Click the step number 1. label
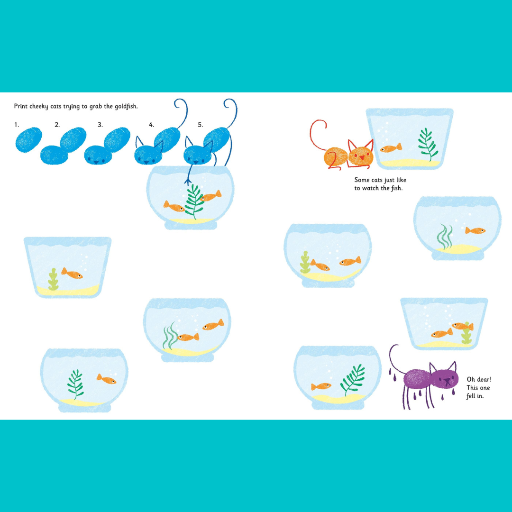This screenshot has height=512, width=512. click(17, 125)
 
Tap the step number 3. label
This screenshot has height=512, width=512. click(100, 125)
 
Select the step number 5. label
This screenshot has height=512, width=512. click(201, 125)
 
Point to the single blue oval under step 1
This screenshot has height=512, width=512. click(29, 140)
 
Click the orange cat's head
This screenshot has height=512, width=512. click(360, 156)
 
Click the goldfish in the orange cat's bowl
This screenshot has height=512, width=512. click(391, 148)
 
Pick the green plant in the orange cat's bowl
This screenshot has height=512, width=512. click(428, 144)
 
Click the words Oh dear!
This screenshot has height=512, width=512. click(479, 379)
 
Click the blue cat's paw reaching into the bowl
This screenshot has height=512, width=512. click(188, 181)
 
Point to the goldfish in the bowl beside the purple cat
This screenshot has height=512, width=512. click(321, 387)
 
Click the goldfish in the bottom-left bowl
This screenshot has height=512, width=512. click(107, 379)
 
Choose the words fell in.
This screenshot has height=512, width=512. click(475, 396)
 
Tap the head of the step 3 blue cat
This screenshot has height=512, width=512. click(98, 155)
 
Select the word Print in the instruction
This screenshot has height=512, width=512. click(21, 106)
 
